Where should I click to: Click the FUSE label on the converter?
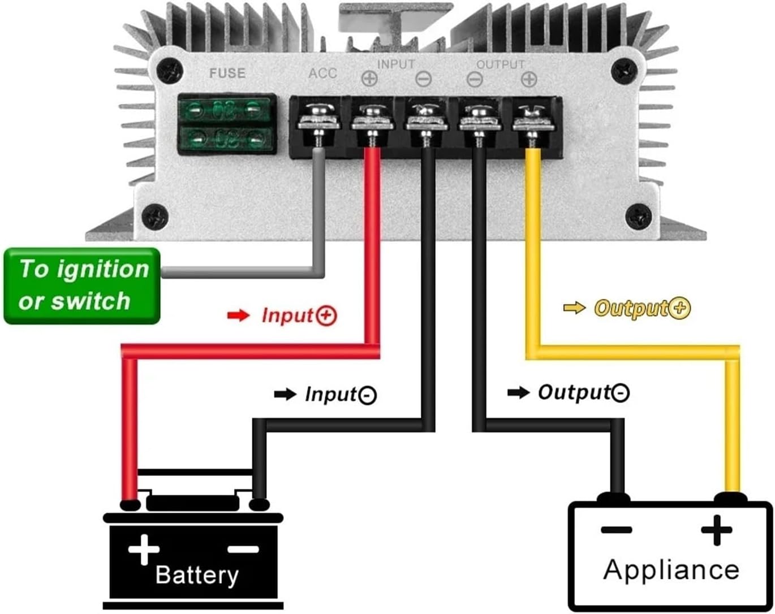click(227, 73)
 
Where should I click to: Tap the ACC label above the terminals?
click(322, 73)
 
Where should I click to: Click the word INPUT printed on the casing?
click(396, 64)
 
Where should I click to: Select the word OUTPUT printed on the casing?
click(501, 64)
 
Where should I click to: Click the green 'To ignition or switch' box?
click(83, 286)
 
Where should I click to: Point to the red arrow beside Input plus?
click(238, 315)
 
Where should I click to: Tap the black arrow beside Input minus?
click(285, 394)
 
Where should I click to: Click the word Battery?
click(196, 574)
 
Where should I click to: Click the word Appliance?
click(671, 569)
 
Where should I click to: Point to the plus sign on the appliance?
click(716, 530)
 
